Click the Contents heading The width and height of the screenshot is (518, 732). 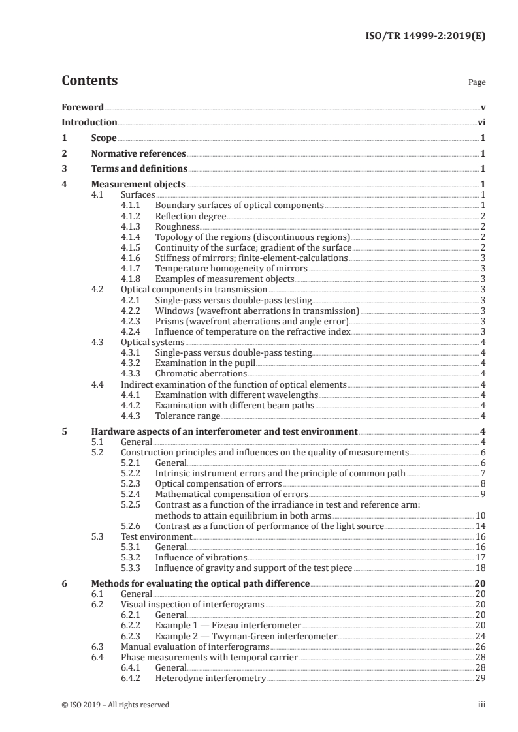pyautogui.click(x=89, y=81)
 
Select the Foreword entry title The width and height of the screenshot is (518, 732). pyautogui.click(x=82, y=106)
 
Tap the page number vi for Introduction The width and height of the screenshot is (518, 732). pyautogui.click(x=481, y=122)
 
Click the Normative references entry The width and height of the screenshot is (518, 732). pyautogui.click(x=138, y=154)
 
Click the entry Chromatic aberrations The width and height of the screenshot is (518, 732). pyautogui.click(x=201, y=373)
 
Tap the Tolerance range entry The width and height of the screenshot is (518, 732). pyautogui.click(x=187, y=416)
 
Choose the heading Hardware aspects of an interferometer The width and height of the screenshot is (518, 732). pyautogui.click(x=223, y=431)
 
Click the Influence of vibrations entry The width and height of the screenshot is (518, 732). pyautogui.click(x=201, y=557)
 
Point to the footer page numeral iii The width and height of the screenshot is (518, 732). pyautogui.click(x=481, y=705)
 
